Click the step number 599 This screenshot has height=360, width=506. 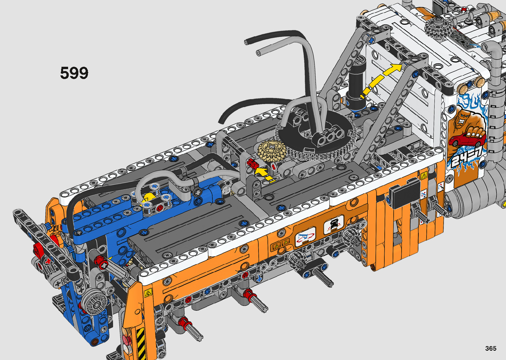pos(74,73)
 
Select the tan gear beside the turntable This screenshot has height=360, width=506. pos(272,151)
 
